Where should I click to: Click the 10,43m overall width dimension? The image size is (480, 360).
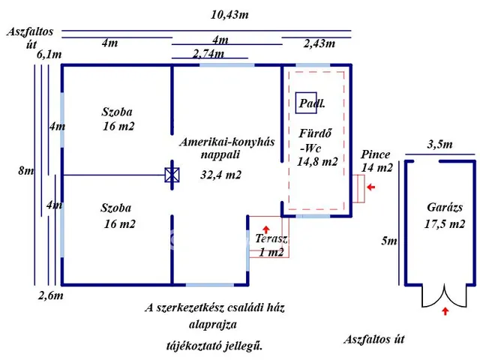click(229, 15)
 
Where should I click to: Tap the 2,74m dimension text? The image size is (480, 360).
click(208, 54)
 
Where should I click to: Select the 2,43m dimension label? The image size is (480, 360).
click(319, 43)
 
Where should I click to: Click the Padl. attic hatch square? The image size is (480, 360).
click(306, 103)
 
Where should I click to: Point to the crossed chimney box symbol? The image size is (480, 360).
click(172, 175)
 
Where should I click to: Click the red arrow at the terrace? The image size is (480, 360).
click(266, 229)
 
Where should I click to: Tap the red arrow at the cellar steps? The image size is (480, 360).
click(371, 187)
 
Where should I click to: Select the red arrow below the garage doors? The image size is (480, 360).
click(445, 311)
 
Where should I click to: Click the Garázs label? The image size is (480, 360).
click(445, 207)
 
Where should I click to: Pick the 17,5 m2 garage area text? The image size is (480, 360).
click(445, 224)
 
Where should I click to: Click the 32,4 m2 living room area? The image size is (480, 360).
click(220, 175)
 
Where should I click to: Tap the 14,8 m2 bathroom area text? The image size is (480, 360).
click(317, 161)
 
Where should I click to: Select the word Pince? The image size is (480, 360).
click(375, 154)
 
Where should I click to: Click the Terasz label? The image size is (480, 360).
click(271, 238)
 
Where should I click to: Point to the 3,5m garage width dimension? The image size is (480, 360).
click(439, 144)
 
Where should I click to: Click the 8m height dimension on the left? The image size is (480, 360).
click(26, 170)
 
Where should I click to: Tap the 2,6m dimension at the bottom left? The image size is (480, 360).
click(50, 295)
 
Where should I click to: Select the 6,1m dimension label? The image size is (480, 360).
click(49, 55)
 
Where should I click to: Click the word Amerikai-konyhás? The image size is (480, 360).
click(226, 142)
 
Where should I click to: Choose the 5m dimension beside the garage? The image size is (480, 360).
click(388, 241)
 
